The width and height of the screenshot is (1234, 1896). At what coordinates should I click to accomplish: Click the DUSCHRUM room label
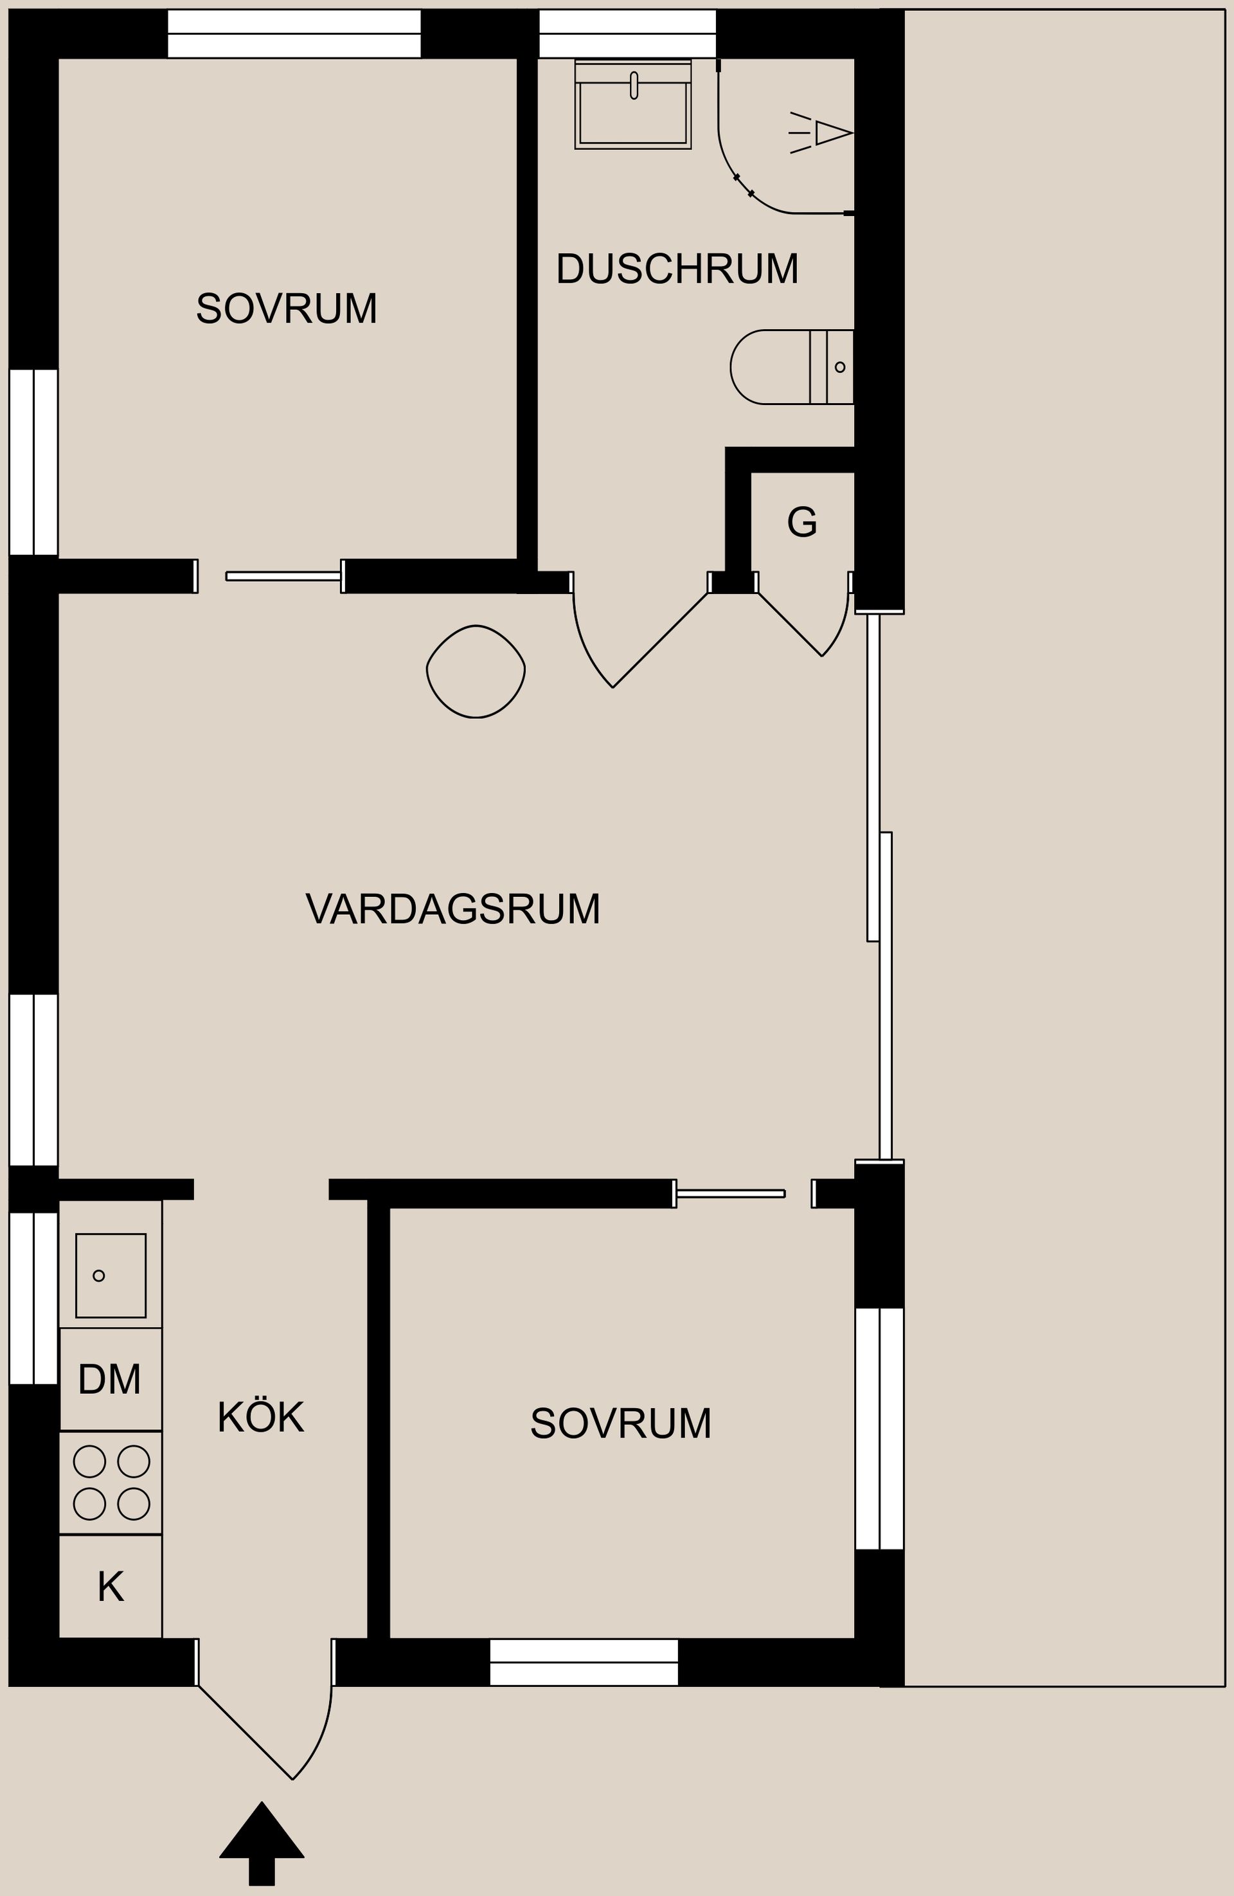[677, 269]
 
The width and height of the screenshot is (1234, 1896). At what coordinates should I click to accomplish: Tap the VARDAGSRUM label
[452, 909]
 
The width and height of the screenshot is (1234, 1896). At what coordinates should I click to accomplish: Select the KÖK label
[260, 1417]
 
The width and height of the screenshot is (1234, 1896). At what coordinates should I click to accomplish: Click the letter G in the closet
[801, 523]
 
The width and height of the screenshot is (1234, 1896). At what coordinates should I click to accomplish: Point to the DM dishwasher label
[110, 1379]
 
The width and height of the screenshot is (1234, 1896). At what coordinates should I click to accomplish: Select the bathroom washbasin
[633, 111]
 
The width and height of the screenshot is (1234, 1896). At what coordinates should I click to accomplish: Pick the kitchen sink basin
[111, 1276]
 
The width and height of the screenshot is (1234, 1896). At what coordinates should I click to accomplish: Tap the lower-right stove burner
[134, 1504]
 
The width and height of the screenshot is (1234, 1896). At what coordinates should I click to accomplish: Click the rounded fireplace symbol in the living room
[476, 672]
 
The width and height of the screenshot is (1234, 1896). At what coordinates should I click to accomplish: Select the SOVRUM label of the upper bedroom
[287, 309]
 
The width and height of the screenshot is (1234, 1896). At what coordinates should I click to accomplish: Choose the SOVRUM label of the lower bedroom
[621, 1423]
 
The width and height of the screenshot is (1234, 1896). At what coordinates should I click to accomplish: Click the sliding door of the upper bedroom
[283, 576]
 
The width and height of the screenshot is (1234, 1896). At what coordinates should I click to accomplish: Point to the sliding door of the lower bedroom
[730, 1193]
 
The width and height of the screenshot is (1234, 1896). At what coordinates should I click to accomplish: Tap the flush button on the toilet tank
[840, 367]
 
